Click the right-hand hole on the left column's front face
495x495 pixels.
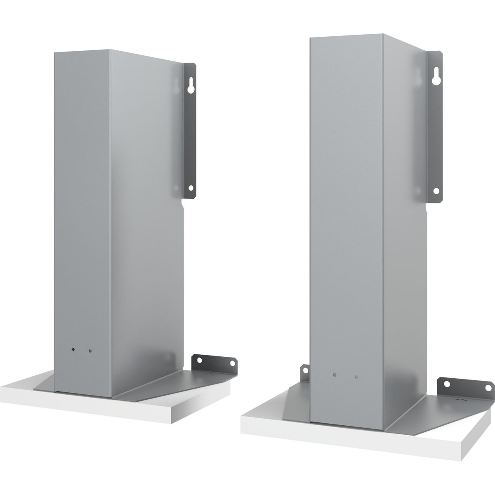[90, 351]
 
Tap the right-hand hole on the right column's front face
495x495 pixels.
[356, 377]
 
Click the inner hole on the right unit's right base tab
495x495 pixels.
[446, 384]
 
